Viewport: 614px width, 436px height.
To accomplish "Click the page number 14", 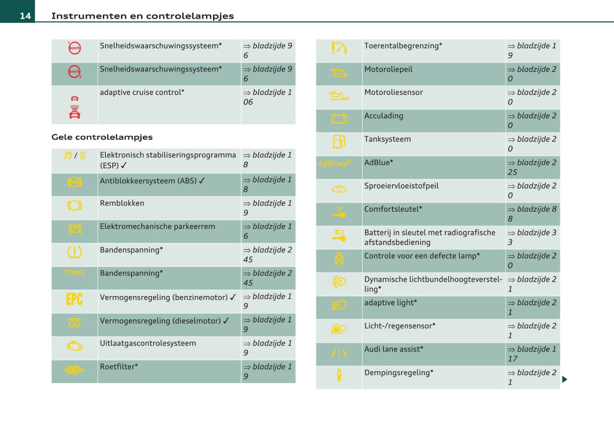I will click(25, 16).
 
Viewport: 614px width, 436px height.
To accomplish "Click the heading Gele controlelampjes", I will click(102, 137).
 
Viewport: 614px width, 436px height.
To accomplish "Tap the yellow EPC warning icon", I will click(74, 300).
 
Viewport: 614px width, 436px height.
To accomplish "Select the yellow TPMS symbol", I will click(74, 273).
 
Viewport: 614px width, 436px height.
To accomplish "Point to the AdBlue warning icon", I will click(335, 163).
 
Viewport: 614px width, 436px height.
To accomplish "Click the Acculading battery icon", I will click(339, 119).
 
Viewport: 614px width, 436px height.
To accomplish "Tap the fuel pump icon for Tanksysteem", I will click(339, 142).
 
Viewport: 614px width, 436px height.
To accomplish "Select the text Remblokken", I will click(122, 204).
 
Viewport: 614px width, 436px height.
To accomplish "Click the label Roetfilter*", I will click(119, 367).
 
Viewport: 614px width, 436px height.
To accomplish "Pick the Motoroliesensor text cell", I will click(393, 93).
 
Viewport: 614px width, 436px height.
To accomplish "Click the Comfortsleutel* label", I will click(393, 209).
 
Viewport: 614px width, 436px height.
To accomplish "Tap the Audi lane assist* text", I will click(393, 349).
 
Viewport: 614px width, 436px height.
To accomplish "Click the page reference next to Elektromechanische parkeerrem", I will click(268, 231).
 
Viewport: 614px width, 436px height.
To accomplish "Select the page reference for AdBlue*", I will click(532, 167).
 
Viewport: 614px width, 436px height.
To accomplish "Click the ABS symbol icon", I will click(74, 183).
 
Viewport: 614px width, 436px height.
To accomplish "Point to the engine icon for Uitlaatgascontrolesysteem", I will click(74, 346).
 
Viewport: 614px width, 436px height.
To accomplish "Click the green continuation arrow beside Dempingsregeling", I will click(564, 379).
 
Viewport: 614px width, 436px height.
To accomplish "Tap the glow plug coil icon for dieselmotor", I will click(74, 323).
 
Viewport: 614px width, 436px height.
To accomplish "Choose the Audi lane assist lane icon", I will click(339, 353).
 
